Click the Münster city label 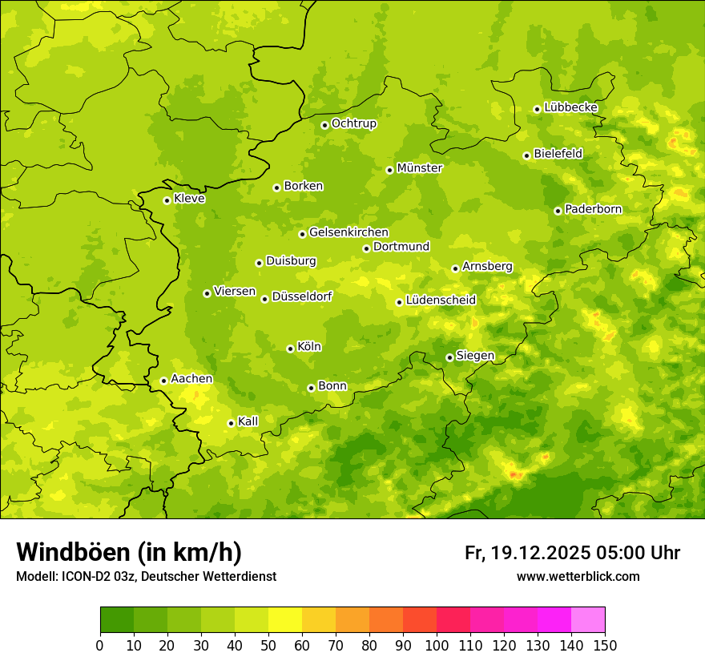tap(420, 168)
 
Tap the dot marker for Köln tap(290, 349)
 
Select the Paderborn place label tap(593, 209)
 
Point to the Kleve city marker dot tap(167, 200)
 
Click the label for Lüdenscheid tap(441, 300)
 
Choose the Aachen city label tap(191, 379)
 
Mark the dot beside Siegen tap(449, 357)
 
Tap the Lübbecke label tap(570, 107)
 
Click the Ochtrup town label tap(353, 123)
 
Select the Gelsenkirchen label tap(348, 232)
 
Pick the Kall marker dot tap(231, 423)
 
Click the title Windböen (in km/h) tap(128, 552)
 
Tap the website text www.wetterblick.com tap(578, 577)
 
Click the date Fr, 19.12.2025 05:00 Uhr tap(572, 553)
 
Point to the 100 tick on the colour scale tap(437, 644)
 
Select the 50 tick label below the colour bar tap(268, 644)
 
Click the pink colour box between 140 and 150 tap(588, 620)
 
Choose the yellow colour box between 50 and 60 tap(285, 620)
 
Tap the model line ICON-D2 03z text tap(146, 577)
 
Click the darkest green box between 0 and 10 tap(117, 620)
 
